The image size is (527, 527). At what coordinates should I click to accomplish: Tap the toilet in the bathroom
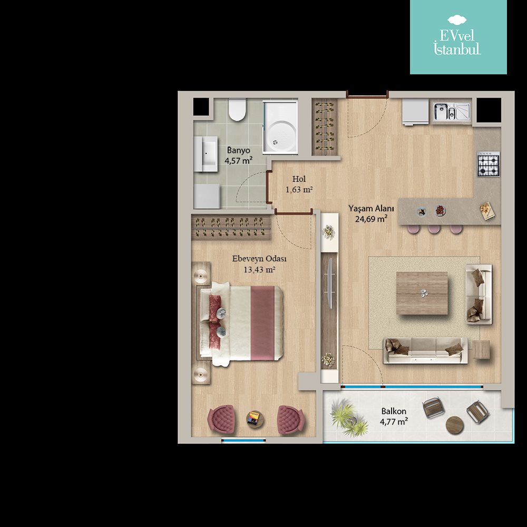(237, 110)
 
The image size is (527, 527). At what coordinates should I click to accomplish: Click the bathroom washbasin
(206, 154)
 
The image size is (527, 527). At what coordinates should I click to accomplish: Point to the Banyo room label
(239, 150)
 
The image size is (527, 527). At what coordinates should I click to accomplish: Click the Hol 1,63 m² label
(299, 184)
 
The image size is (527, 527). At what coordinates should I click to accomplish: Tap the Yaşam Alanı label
(371, 208)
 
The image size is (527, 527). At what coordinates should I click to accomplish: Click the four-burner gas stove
(488, 164)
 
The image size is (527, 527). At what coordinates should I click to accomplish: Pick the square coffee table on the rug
(422, 294)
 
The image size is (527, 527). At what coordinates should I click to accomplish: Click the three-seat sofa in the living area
(425, 350)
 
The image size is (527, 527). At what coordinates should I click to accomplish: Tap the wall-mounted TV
(330, 284)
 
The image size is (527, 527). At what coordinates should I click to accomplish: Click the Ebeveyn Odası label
(259, 259)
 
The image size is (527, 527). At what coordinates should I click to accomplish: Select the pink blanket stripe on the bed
(262, 323)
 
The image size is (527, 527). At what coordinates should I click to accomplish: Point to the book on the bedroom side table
(254, 419)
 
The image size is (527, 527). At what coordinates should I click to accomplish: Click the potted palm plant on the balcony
(348, 417)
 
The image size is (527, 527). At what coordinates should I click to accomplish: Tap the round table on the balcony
(455, 425)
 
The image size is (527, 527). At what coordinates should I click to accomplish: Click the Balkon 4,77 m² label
(394, 416)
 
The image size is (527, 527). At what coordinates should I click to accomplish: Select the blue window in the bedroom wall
(243, 440)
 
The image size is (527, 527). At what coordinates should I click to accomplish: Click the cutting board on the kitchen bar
(486, 211)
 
